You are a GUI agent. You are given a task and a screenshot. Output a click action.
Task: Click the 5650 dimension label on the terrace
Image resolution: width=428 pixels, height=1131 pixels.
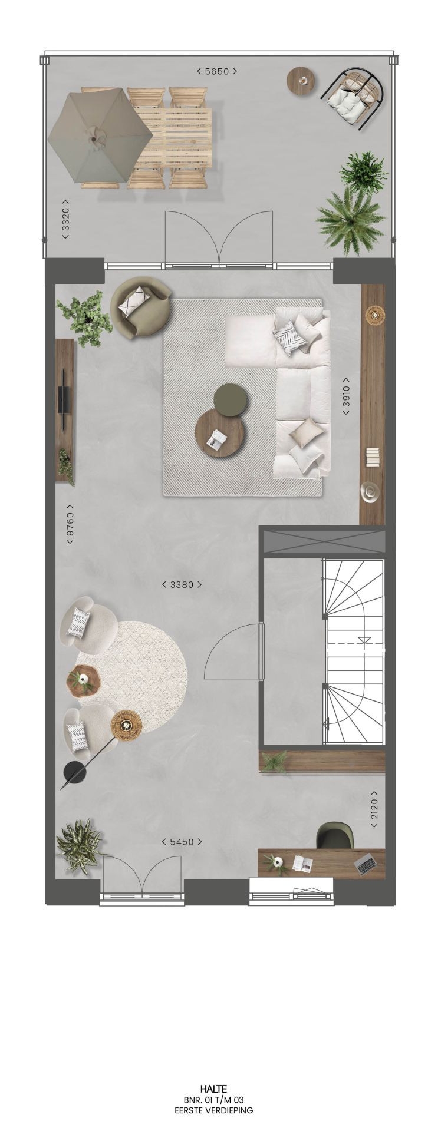[x=217, y=71]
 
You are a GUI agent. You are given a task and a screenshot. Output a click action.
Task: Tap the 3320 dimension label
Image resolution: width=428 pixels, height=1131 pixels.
[x=65, y=219]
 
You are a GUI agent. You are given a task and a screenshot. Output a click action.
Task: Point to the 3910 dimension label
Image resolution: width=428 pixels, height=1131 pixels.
[x=347, y=396]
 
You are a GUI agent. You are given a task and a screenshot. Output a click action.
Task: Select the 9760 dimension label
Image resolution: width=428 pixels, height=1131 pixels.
[x=70, y=524]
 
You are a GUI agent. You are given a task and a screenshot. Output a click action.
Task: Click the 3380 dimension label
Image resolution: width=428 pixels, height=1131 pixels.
[x=182, y=585]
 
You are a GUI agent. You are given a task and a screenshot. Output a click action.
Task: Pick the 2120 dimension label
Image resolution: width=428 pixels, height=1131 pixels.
[x=374, y=809]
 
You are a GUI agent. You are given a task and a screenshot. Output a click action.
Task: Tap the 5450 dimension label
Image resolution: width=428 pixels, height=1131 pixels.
[x=182, y=842]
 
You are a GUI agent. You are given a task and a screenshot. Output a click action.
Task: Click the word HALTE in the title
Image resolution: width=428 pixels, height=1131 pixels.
[x=213, y=1089]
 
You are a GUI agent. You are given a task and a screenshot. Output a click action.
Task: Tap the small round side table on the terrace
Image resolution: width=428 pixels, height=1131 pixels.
[x=302, y=81]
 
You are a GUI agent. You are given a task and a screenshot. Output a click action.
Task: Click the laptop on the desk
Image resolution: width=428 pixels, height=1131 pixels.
[x=366, y=864]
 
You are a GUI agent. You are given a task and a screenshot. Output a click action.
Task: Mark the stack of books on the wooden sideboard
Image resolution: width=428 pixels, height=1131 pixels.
[x=372, y=457]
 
